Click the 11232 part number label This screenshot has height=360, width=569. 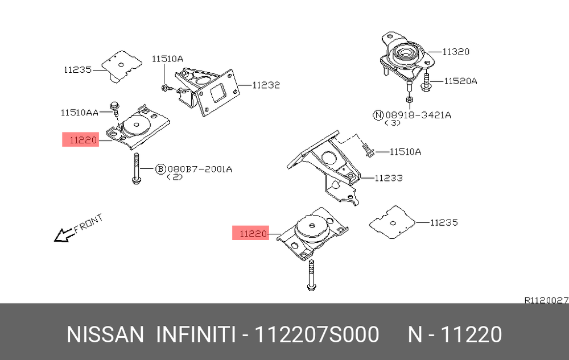[x=266, y=85]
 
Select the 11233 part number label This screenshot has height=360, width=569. [x=389, y=178]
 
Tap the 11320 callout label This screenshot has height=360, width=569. [x=456, y=52]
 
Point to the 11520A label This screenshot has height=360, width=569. [x=460, y=81]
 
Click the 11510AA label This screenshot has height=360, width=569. [x=80, y=113]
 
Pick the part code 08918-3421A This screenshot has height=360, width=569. [x=418, y=115]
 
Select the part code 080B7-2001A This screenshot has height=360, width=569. [x=200, y=169]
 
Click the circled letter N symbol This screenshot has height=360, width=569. [x=378, y=115]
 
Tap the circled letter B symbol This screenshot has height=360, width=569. [x=160, y=169]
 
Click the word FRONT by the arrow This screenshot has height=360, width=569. [x=89, y=224]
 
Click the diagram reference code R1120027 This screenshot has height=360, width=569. [x=546, y=300]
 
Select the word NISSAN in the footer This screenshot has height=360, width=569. [x=105, y=334]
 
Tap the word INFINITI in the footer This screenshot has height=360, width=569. [x=196, y=334]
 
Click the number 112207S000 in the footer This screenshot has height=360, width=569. [x=317, y=334]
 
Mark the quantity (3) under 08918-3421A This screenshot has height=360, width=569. [x=392, y=123]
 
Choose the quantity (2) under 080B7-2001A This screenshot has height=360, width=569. [x=175, y=177]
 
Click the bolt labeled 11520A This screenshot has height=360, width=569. [x=426, y=82]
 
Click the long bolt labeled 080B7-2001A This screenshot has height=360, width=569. [x=137, y=168]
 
